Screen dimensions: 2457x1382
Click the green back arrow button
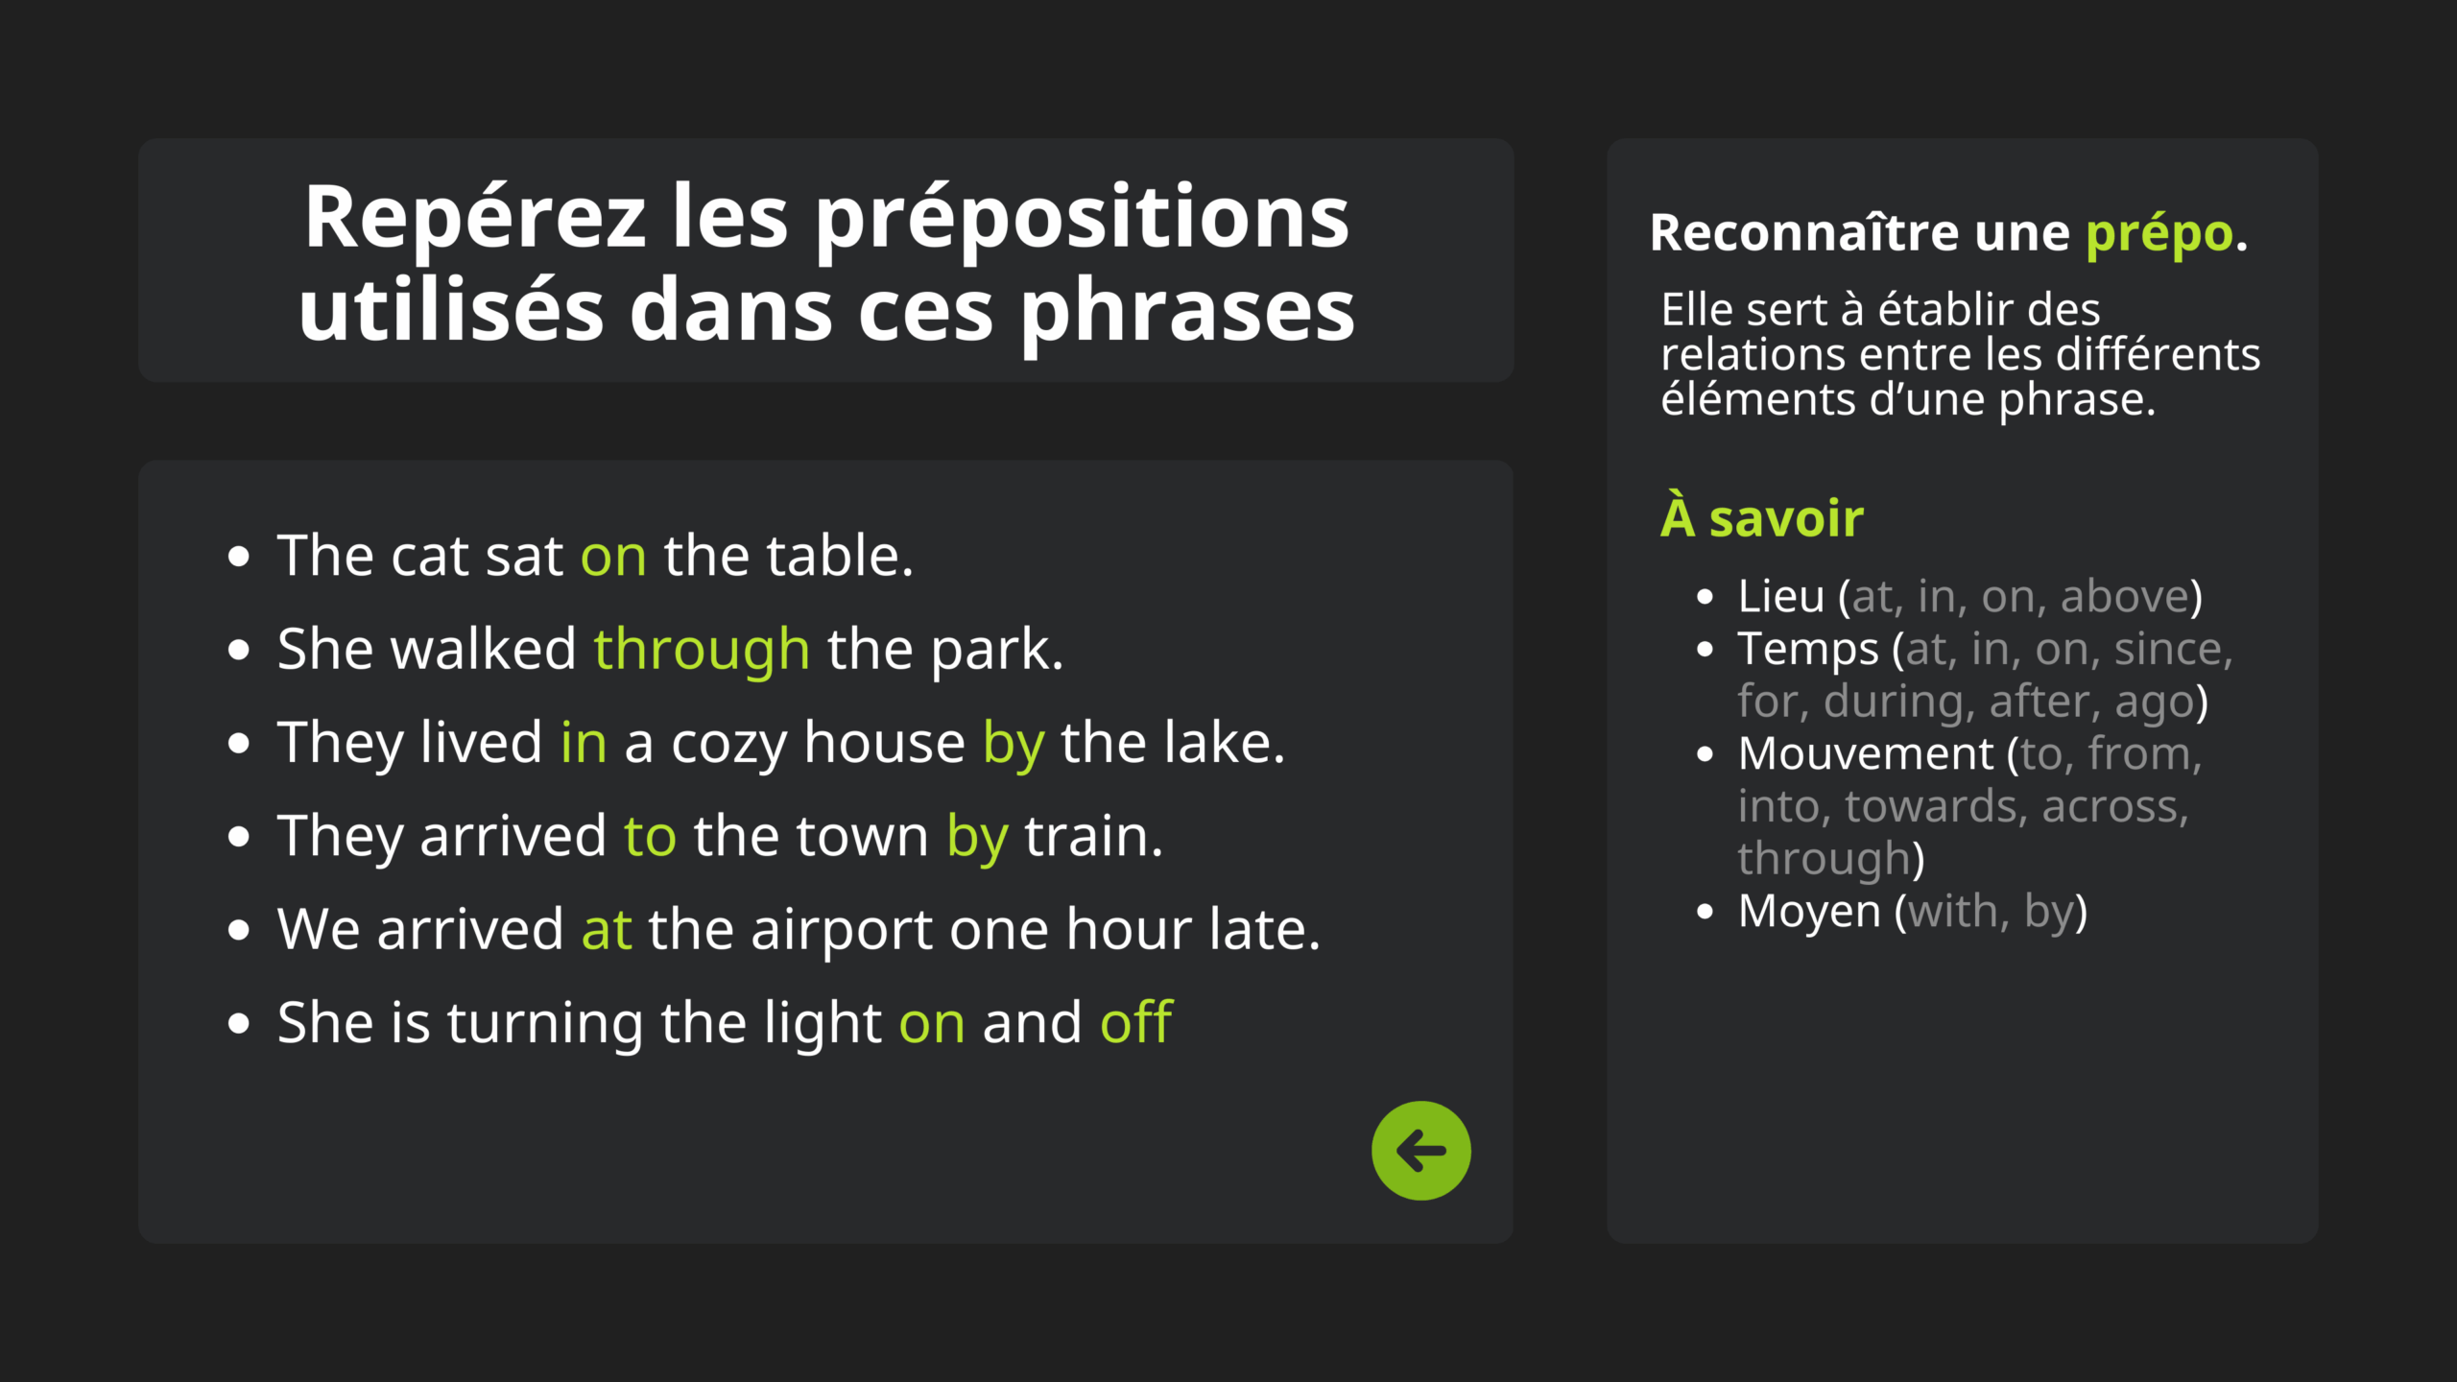click(x=1420, y=1151)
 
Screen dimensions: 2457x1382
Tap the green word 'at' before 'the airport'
click(x=607, y=930)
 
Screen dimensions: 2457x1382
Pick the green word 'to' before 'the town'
click(x=650, y=837)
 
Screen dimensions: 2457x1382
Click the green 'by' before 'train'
click(x=977, y=838)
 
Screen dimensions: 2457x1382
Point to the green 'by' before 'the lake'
click(x=1014, y=745)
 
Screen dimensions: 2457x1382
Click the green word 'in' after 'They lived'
click(x=584, y=743)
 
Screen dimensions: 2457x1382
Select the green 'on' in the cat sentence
click(x=613, y=557)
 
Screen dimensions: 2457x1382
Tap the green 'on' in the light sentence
click(x=932, y=1024)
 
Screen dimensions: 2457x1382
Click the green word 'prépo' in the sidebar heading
click(x=2159, y=235)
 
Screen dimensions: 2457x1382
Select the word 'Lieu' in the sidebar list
click(x=1781, y=596)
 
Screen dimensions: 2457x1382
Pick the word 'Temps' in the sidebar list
click(x=1808, y=651)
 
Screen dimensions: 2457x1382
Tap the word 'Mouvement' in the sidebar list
click(x=1866, y=753)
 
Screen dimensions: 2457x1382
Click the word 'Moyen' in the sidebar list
click(x=1809, y=912)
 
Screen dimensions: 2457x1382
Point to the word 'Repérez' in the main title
click(x=475, y=218)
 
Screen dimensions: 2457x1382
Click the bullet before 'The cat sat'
click(x=239, y=557)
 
